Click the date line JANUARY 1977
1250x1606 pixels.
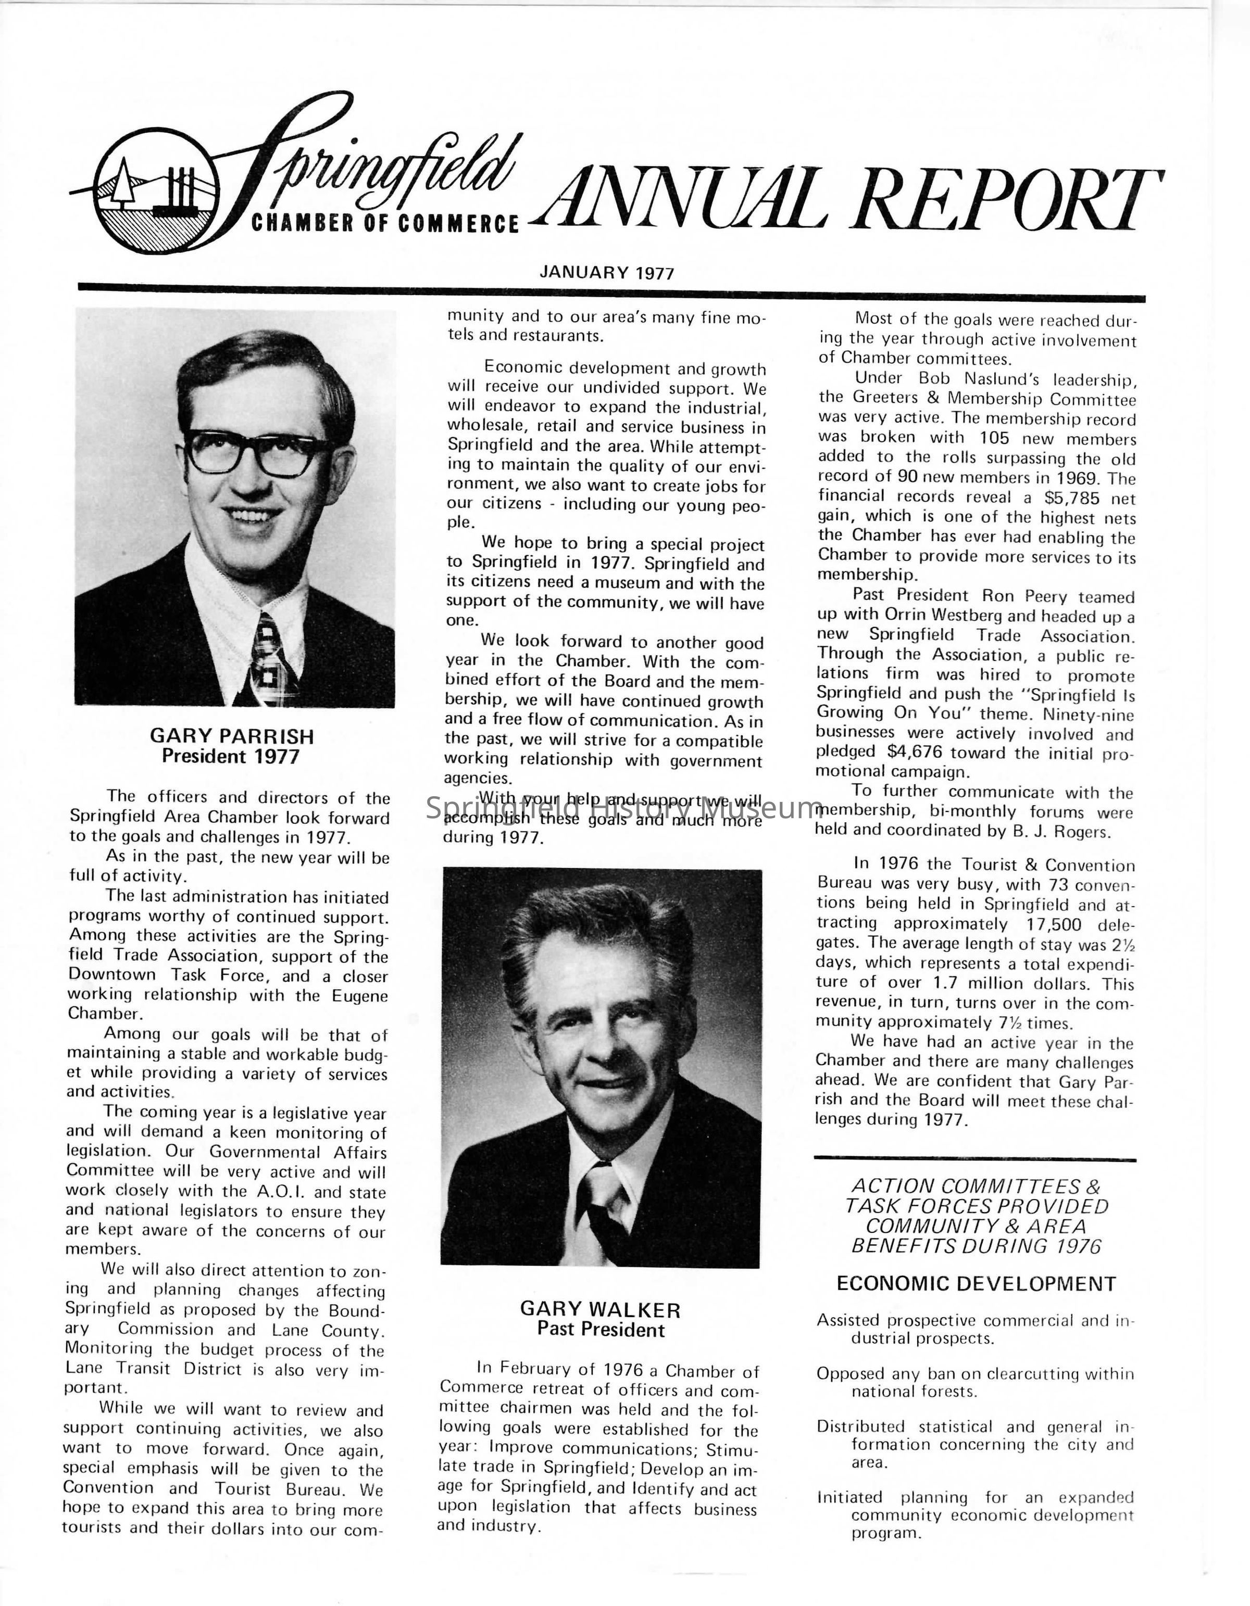click(606, 273)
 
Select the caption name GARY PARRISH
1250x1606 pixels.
click(232, 736)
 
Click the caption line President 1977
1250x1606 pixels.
click(231, 757)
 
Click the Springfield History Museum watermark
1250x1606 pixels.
click(624, 808)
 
